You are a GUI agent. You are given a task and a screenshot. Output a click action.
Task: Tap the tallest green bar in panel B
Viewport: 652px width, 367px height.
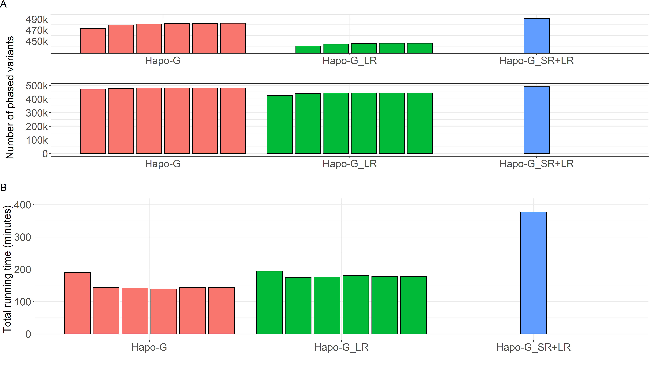pos(269,302)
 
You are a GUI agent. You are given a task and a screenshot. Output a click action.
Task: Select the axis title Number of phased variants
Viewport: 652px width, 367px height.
pos(10,97)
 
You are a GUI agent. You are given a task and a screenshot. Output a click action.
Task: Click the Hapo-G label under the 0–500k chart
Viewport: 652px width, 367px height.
pos(163,164)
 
